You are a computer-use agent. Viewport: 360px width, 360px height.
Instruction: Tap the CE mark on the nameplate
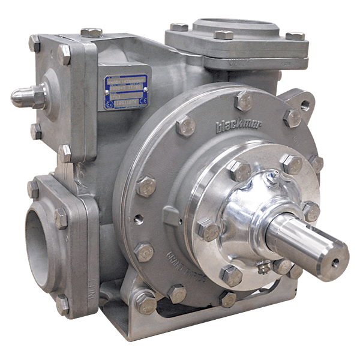(143, 101)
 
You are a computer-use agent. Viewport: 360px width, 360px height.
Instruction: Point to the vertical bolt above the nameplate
(91, 33)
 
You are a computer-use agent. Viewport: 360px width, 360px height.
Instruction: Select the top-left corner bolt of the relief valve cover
(34, 43)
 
